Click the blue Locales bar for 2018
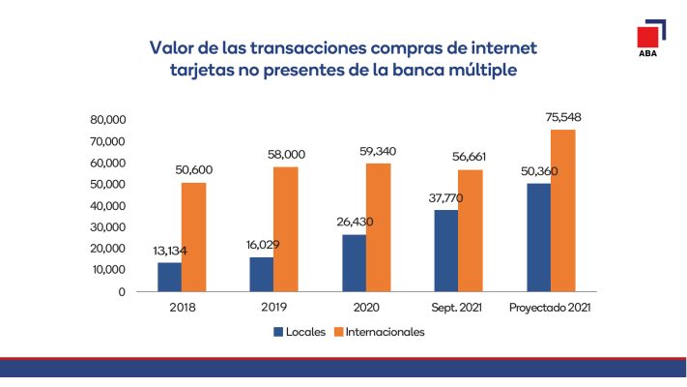click(x=170, y=277)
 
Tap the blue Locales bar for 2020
click(x=354, y=263)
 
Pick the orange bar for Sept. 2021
click(x=470, y=230)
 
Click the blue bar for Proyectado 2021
click(x=538, y=237)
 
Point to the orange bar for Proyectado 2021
click(x=562, y=210)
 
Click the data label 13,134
click(x=172, y=252)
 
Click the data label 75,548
click(x=562, y=118)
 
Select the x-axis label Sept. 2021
click(x=457, y=308)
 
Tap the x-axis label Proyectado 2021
click(x=550, y=308)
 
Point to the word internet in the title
click(x=493, y=47)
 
